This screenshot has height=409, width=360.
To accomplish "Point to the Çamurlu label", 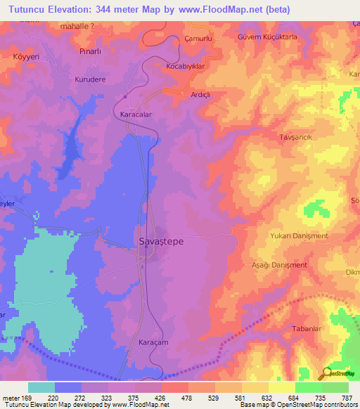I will tap(198, 38).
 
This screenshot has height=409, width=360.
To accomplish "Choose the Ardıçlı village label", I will tap(201, 93).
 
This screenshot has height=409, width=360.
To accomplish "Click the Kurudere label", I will tap(90, 79).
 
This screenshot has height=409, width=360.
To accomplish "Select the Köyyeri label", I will tap(26, 55).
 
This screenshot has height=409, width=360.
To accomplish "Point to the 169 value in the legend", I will tap(22, 397).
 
